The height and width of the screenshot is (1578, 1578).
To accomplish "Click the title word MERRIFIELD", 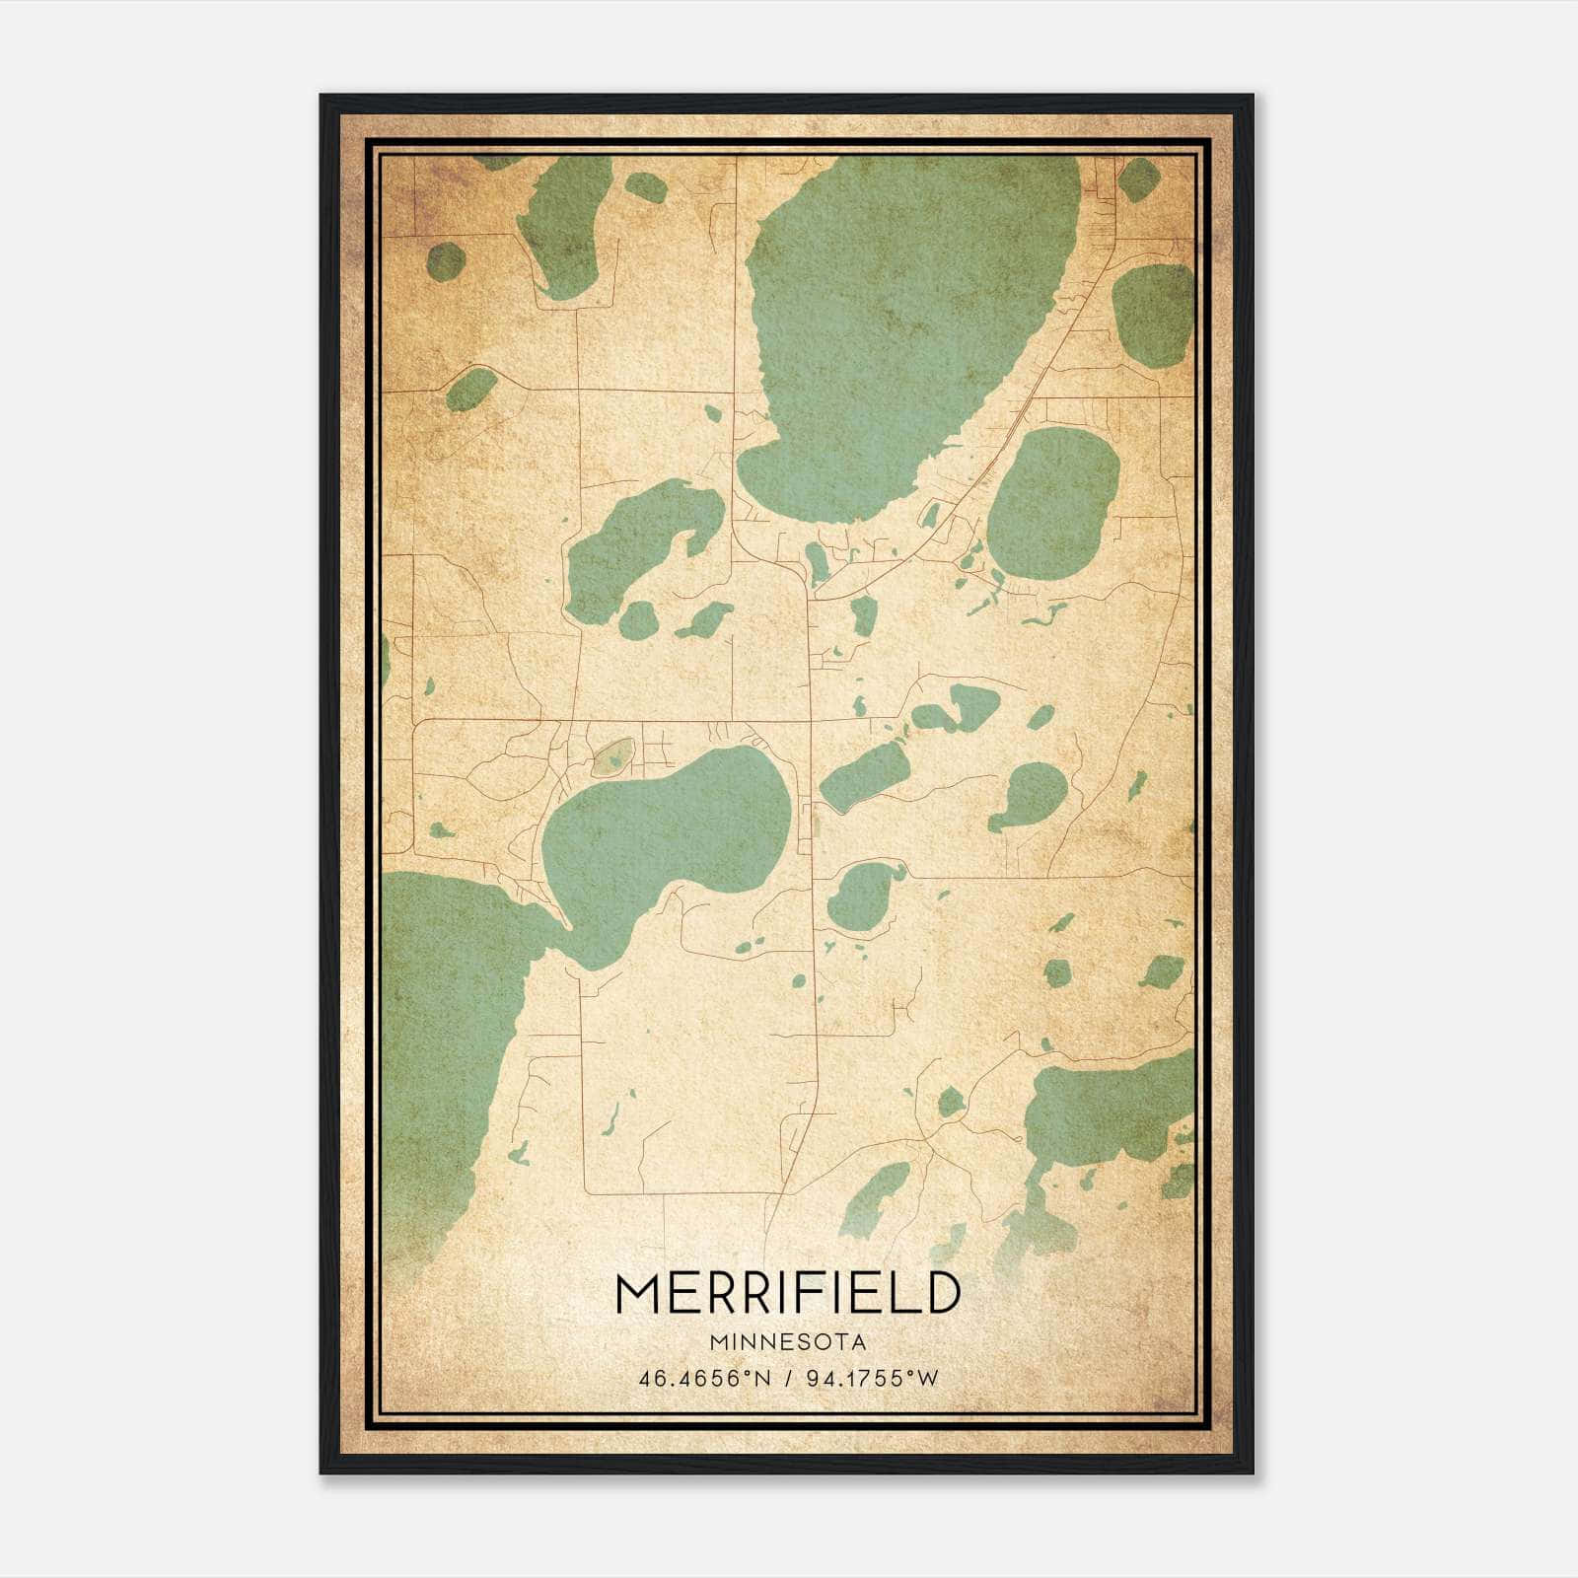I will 787,1293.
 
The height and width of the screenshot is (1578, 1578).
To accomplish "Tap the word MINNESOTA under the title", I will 787,1342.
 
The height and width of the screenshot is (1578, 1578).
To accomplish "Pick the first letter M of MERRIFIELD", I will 637,1293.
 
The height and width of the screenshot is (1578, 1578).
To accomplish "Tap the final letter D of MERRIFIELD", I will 943,1293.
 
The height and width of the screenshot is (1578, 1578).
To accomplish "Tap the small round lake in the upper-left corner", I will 446,260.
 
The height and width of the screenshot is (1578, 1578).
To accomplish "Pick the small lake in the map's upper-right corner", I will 1139,180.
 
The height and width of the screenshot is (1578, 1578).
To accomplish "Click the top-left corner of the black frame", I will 322,96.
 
